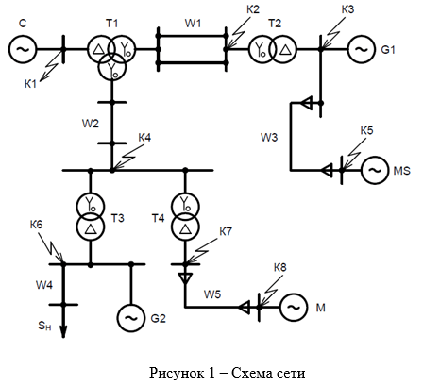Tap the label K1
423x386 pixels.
pos(30,84)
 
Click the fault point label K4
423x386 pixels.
pos(144,138)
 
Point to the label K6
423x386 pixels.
pos(36,225)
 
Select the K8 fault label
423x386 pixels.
pos(280,267)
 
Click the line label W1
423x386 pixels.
pos(193,24)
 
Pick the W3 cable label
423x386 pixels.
pos(269,137)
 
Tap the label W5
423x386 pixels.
pos(212,294)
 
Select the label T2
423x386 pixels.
pos(275,24)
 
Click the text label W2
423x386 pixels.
pos(91,124)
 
